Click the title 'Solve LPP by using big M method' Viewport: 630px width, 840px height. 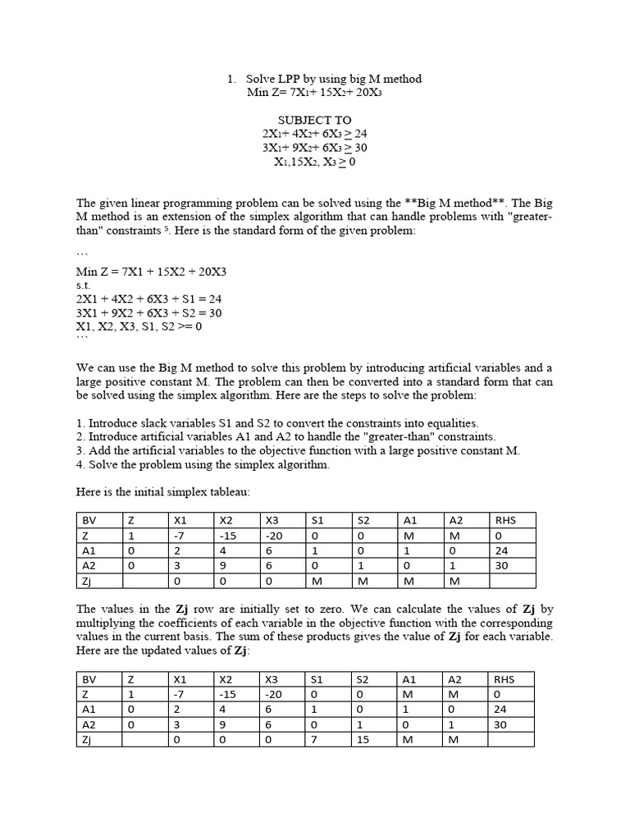pos(334,79)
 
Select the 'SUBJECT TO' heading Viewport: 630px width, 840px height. pos(314,121)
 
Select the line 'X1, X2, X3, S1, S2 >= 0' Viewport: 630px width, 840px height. pos(139,326)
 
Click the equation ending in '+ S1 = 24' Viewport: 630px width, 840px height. pos(148,299)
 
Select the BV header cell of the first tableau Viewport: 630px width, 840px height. pos(98,519)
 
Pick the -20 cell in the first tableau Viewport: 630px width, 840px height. pos(281,535)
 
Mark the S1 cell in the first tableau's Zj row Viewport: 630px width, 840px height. pos(327,581)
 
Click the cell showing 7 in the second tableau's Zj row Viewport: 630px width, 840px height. pos(327,740)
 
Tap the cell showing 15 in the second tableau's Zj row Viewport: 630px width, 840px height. pos(373,740)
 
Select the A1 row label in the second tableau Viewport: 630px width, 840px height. pos(98,710)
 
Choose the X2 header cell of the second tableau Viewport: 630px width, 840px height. pos(235,679)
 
